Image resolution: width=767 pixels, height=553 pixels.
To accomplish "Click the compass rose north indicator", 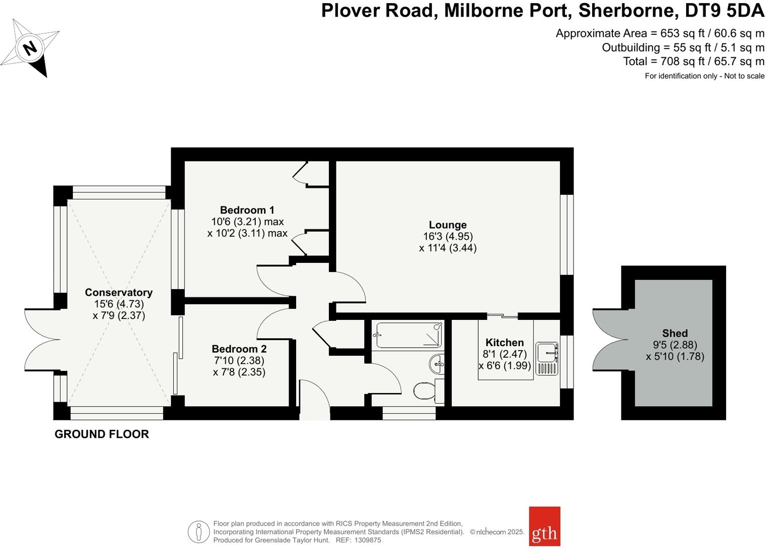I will (30, 48).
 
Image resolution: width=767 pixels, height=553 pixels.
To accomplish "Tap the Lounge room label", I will (448, 225).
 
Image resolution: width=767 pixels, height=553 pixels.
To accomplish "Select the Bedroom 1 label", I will (247, 210).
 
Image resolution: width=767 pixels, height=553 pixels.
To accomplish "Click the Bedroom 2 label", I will (239, 349).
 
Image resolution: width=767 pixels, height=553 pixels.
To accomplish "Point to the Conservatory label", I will (119, 293).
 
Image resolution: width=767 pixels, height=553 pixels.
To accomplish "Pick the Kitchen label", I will (504, 343).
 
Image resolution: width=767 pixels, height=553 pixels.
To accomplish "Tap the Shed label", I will (675, 333).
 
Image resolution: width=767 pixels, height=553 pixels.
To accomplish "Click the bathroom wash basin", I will (437, 363).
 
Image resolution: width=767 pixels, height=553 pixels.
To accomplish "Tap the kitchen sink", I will (547, 352).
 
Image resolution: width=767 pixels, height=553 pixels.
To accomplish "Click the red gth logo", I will (544, 526).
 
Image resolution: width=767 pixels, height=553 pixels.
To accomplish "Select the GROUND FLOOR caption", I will (102, 434).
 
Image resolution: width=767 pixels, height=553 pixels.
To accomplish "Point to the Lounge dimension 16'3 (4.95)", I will (448, 236).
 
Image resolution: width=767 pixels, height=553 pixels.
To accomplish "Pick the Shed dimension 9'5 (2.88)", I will (675, 345).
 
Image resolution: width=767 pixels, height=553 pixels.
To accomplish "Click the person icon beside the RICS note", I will (199, 532).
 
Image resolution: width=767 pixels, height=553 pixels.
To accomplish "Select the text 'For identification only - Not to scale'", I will (704, 76).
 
